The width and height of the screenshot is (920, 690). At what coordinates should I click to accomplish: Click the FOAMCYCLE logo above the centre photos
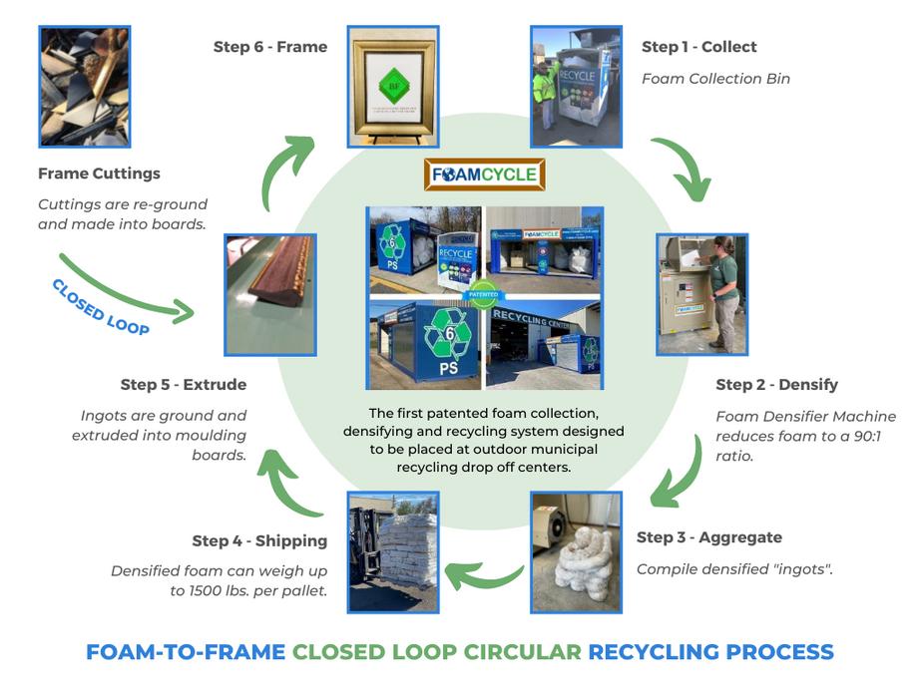coord(484,175)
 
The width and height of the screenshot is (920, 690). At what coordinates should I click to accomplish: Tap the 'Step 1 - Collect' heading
coord(698,47)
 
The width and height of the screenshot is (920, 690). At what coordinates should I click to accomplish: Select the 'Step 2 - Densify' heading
coord(776,385)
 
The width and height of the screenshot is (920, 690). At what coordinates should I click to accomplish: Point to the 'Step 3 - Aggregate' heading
coord(708,537)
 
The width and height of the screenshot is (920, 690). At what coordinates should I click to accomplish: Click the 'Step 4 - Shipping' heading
coord(259,540)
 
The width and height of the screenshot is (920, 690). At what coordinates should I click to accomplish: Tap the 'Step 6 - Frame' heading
coord(269,47)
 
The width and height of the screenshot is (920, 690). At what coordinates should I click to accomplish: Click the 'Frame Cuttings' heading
coord(99,173)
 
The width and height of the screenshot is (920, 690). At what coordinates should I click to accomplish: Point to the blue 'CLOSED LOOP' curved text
coord(100,307)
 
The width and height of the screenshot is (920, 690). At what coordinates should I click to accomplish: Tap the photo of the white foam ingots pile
coord(576,551)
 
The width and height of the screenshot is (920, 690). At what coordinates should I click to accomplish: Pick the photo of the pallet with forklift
coord(392,551)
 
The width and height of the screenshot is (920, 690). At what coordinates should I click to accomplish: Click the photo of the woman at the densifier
coord(701,294)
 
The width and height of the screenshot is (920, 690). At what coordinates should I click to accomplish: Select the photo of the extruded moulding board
coord(270,294)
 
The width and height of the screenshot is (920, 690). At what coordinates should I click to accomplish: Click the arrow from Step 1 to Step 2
coord(684,165)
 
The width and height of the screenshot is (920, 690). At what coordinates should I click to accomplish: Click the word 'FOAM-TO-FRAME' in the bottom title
coord(186,652)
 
